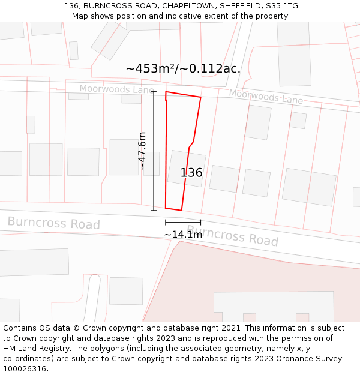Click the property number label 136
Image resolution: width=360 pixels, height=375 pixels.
click(191, 173)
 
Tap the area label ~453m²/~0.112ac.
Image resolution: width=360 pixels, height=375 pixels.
click(183, 68)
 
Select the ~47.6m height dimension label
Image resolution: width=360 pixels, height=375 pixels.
click(143, 151)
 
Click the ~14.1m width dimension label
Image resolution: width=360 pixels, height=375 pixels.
click(183, 235)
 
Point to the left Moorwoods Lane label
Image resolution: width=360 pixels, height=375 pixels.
click(116, 89)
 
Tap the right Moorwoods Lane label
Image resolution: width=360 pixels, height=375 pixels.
click(265, 96)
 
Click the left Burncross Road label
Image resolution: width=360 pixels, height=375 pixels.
click(53, 223)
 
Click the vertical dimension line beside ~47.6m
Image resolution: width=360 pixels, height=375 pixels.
click(154, 151)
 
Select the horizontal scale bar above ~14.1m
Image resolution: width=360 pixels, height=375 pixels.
click(183, 222)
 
